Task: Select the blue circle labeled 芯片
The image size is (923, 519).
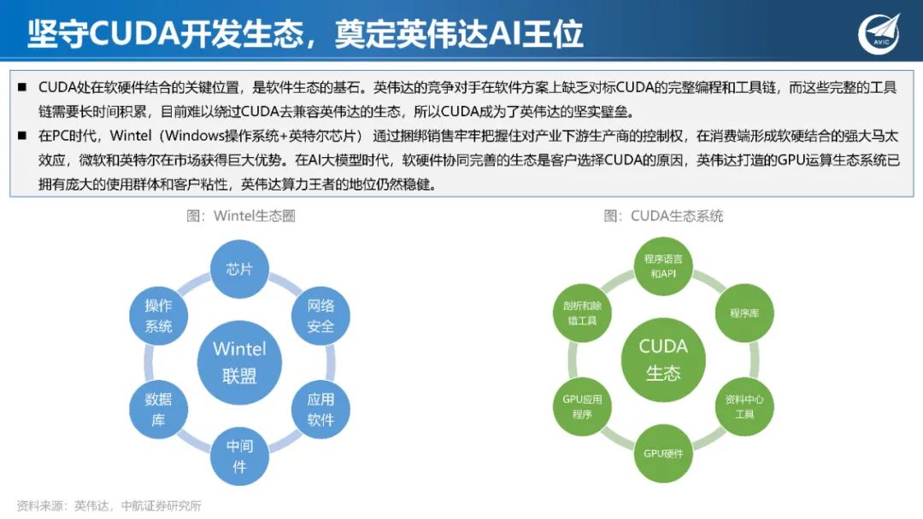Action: tap(239, 269)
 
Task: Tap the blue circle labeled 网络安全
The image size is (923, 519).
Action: tap(320, 315)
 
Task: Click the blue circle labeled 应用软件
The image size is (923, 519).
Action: tap(320, 409)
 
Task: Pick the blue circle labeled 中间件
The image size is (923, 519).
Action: tap(239, 456)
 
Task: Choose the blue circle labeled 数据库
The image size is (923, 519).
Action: tap(158, 409)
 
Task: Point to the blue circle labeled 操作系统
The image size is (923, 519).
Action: tap(158, 315)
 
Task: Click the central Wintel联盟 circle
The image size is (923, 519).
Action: tap(239, 362)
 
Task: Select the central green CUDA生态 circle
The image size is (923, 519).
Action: tap(663, 359)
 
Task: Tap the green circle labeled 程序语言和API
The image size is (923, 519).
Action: tap(663, 265)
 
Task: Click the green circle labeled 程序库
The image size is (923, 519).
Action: tap(744, 312)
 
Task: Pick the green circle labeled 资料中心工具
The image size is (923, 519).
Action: tap(744, 406)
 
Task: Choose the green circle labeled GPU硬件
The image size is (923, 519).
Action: tap(663, 452)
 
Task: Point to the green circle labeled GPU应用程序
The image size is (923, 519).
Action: tap(582, 406)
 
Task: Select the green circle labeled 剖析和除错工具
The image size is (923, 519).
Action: tap(582, 312)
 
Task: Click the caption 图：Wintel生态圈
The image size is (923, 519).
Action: tap(241, 216)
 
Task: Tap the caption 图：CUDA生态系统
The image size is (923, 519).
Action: tap(663, 216)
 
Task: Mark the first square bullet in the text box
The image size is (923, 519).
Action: tap(21, 87)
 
